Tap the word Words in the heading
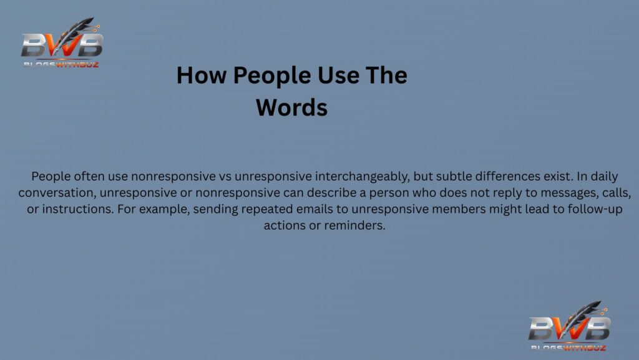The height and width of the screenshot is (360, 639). tap(291, 107)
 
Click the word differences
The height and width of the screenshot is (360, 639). tap(512, 176)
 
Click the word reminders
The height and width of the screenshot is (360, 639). tap(355, 225)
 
